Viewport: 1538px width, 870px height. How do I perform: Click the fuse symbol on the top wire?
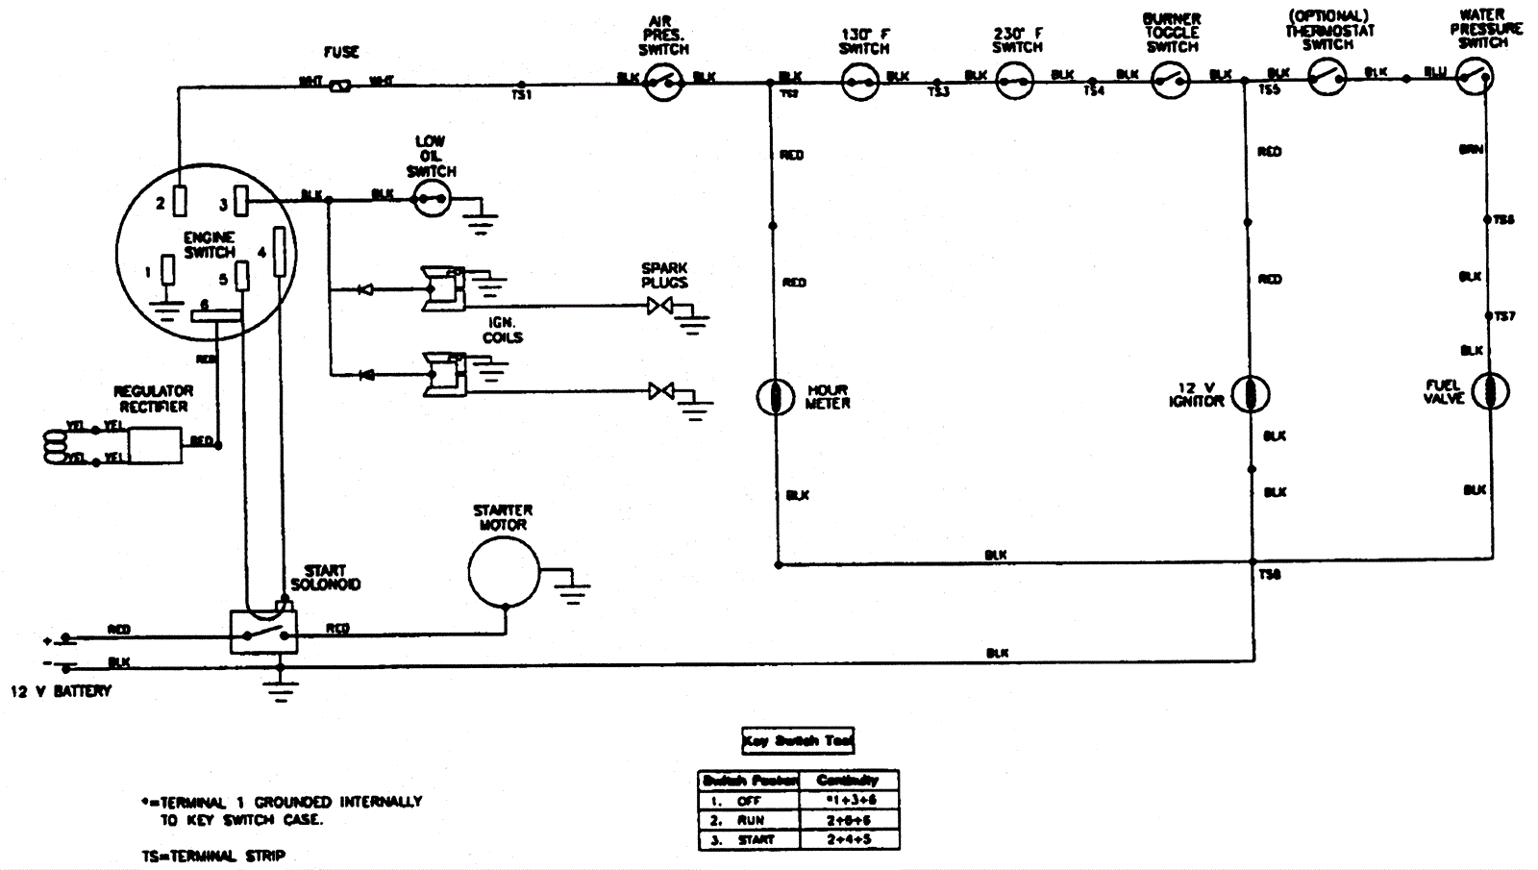pos(339,86)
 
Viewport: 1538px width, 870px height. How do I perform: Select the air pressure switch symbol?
pos(663,84)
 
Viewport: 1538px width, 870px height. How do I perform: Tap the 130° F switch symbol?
pos(860,82)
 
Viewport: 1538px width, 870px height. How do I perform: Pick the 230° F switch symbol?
pos(1014,81)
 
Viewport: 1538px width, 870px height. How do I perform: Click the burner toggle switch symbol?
pos(1171,81)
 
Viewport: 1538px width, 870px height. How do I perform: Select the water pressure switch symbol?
pos(1474,76)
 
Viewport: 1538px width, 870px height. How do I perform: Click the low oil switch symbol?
pos(432,199)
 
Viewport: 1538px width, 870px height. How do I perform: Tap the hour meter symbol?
pos(775,396)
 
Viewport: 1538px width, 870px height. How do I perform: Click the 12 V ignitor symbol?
pos(1250,394)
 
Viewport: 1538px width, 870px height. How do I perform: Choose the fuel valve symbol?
pos(1490,391)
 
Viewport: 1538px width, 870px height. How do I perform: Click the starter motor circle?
pos(503,573)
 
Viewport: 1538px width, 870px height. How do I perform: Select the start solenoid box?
pos(263,633)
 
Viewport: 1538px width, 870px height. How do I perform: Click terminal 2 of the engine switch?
pos(180,202)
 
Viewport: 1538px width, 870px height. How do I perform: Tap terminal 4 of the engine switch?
pos(280,251)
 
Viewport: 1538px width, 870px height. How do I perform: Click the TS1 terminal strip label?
pos(522,95)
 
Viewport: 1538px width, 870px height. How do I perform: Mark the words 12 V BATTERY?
pos(62,691)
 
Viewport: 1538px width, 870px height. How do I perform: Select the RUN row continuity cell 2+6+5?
pos(847,820)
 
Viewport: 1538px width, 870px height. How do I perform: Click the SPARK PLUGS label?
pos(665,275)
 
